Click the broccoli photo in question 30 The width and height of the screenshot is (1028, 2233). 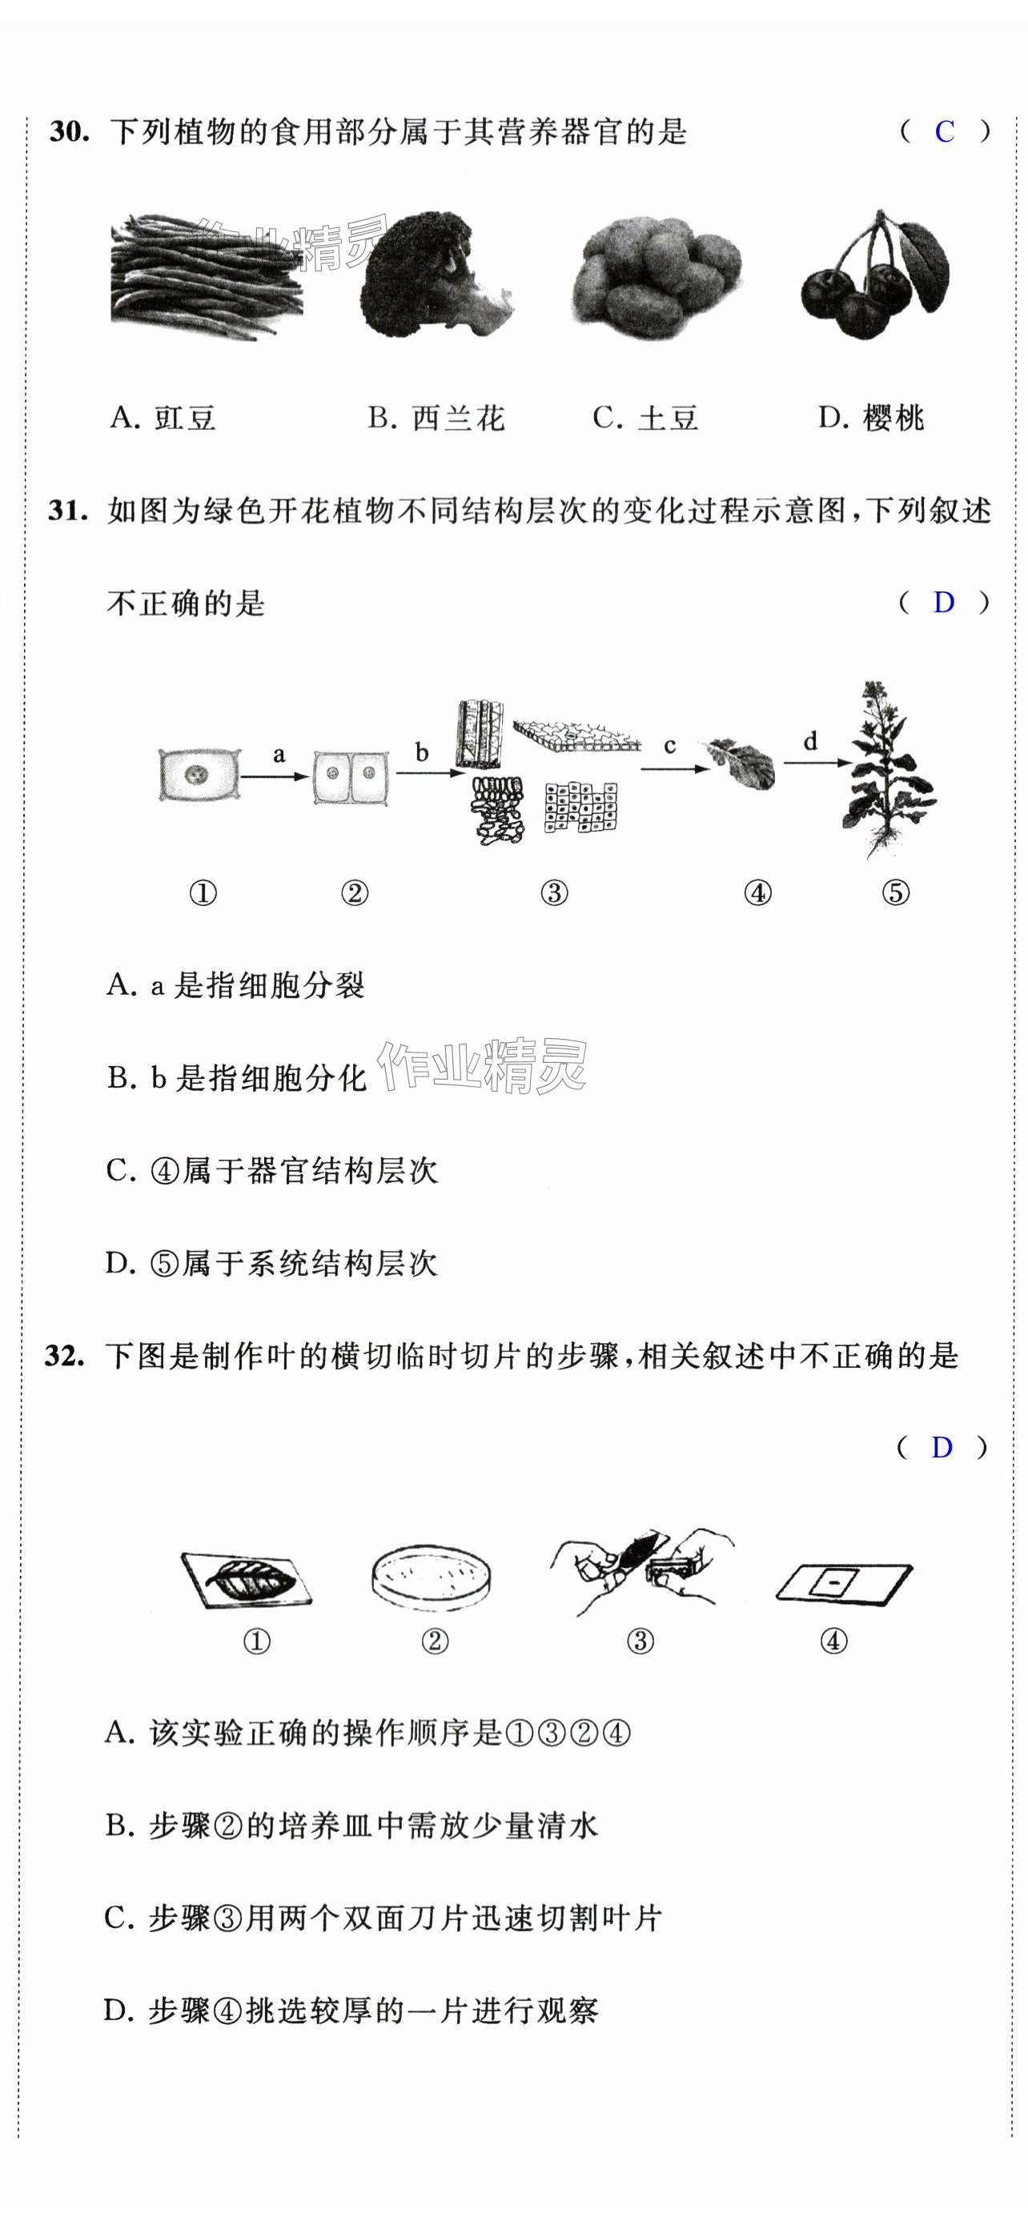click(x=435, y=275)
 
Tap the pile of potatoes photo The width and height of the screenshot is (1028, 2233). click(x=657, y=278)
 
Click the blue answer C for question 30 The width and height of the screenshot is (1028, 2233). click(x=944, y=132)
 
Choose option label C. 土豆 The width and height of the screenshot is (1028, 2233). click(x=646, y=418)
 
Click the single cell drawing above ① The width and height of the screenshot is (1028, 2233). click(x=199, y=773)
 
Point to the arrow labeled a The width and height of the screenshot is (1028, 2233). click(x=275, y=776)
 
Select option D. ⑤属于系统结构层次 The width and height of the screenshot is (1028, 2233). click(x=271, y=1263)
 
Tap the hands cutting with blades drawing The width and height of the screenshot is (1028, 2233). click(x=641, y=1571)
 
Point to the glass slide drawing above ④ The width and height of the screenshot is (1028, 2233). click(x=843, y=1582)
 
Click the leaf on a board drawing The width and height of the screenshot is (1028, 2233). click(x=246, y=1578)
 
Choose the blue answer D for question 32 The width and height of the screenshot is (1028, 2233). click(x=942, y=1447)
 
